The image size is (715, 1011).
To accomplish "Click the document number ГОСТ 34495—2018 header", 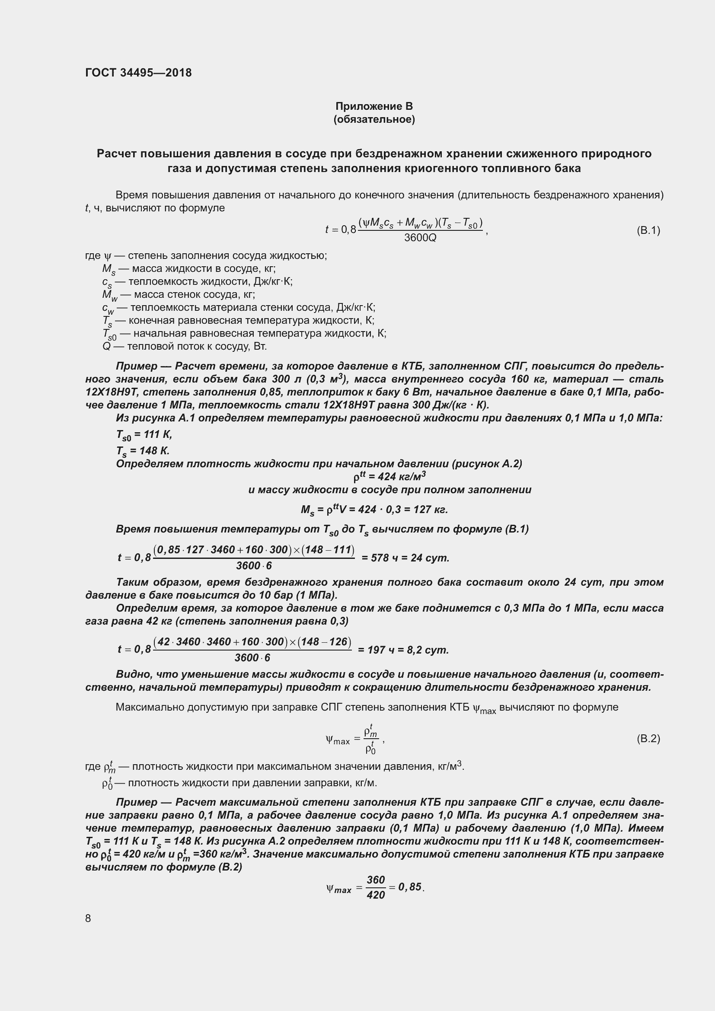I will [x=138, y=73].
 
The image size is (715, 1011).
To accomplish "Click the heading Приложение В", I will [x=374, y=106].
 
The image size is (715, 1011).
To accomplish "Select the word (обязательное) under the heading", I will [x=374, y=119].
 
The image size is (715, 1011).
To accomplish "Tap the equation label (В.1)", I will [x=648, y=230].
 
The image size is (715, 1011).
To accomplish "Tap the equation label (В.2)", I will [x=648, y=738].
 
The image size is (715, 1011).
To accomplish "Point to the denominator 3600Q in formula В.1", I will [x=420, y=238].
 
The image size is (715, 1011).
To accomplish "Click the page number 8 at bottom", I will [x=88, y=918].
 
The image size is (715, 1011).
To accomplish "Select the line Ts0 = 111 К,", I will [x=144, y=435].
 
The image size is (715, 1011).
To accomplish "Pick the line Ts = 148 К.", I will [x=143, y=451].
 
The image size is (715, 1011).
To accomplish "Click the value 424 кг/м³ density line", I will [x=389, y=476].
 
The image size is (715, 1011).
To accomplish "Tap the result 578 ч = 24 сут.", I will [x=405, y=558].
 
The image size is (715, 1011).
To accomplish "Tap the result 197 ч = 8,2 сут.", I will [x=403, y=650].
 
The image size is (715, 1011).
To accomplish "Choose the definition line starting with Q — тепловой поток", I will [x=185, y=347].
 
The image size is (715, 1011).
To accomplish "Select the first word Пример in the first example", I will [x=137, y=367].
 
